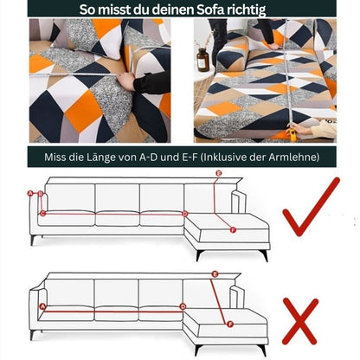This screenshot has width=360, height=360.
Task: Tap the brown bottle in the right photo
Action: click(202, 59)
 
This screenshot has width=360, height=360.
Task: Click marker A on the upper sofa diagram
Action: click(29, 194)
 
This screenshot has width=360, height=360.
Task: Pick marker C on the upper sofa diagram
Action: click(41, 213)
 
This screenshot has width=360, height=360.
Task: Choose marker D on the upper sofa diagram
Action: click(184, 213)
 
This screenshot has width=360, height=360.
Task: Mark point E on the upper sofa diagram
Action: click(218, 174)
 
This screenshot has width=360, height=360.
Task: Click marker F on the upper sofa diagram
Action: click(232, 229)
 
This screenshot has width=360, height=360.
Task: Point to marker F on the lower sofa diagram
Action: click(228, 325)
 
